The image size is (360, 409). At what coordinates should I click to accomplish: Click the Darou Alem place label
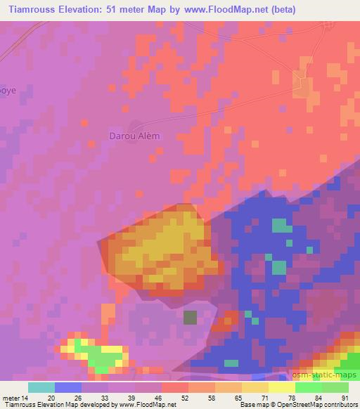[x=134, y=136]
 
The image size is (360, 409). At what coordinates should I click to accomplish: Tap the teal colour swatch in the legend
[x=41, y=387]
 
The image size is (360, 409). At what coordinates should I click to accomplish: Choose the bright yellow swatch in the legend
[x=282, y=387]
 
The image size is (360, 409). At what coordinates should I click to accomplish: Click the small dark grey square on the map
[x=190, y=318]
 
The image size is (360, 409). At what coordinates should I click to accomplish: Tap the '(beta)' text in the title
[x=280, y=9]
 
